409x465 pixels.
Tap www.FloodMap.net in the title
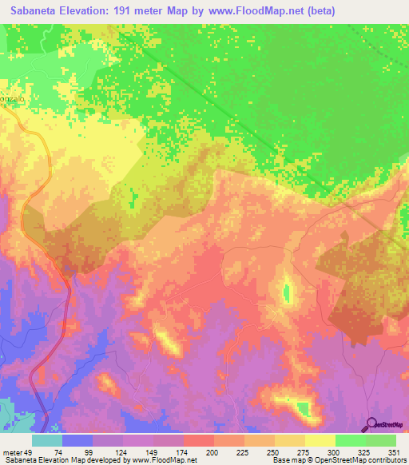coord(248,10)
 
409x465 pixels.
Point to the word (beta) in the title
coord(316,10)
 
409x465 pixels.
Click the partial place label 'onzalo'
coord(14,93)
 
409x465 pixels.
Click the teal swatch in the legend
coord(47,440)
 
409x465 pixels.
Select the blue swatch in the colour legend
coord(77,440)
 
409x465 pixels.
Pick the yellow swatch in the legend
coord(320,440)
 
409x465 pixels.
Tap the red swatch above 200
coord(199,440)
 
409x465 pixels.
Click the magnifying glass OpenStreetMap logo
coord(371,424)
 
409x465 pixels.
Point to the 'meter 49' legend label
coord(17,452)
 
